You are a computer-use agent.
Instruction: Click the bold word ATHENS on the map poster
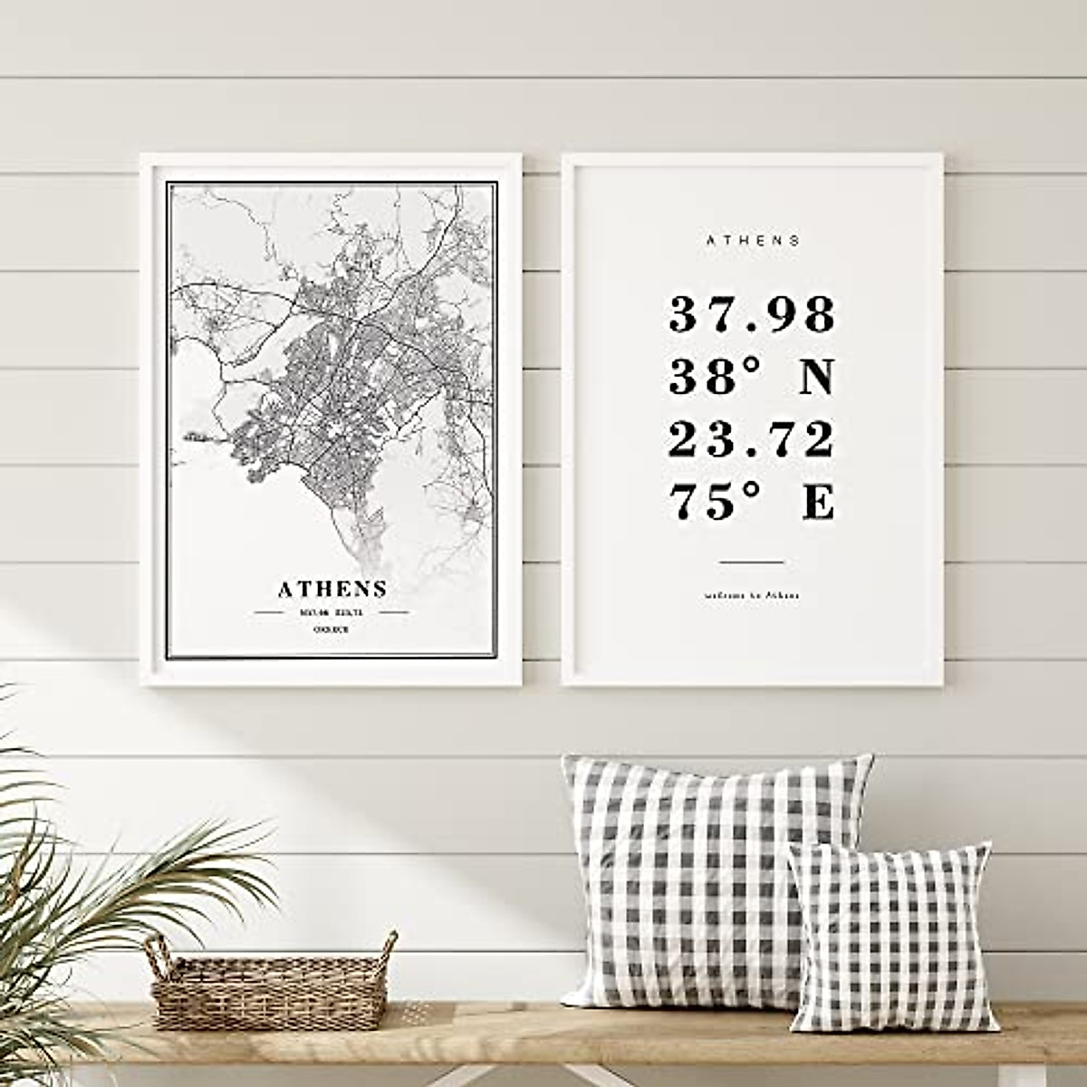pos(332,589)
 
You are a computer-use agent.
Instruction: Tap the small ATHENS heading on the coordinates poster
pos(753,241)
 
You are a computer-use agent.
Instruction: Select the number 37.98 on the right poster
pos(752,314)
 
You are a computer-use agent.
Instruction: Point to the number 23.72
pos(752,440)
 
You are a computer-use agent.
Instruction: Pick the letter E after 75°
pos(817,502)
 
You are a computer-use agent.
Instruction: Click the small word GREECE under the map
pos(332,629)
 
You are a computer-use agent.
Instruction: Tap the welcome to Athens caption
pos(752,596)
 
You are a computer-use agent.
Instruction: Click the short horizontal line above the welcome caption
pos(752,563)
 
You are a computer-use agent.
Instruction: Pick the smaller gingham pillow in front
pos(891,938)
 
